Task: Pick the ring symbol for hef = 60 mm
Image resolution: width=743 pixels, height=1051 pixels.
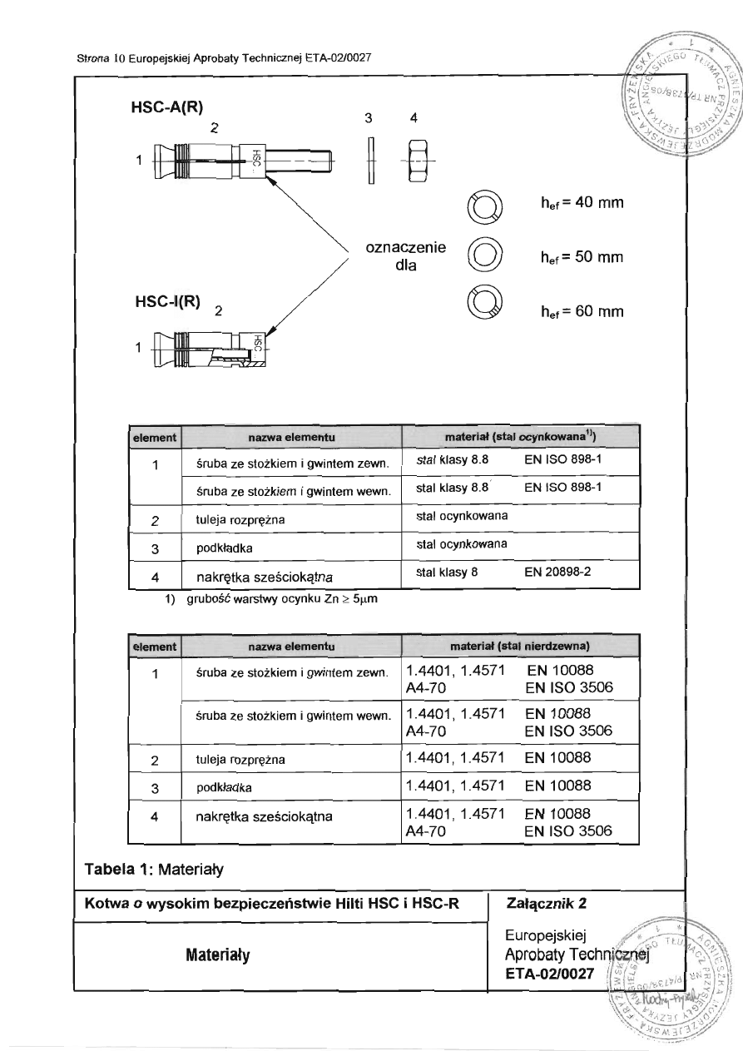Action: coord(487,302)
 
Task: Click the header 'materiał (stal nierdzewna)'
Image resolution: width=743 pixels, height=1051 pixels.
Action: coord(520,645)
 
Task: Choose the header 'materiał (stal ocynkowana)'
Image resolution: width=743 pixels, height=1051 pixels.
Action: coord(519,435)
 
